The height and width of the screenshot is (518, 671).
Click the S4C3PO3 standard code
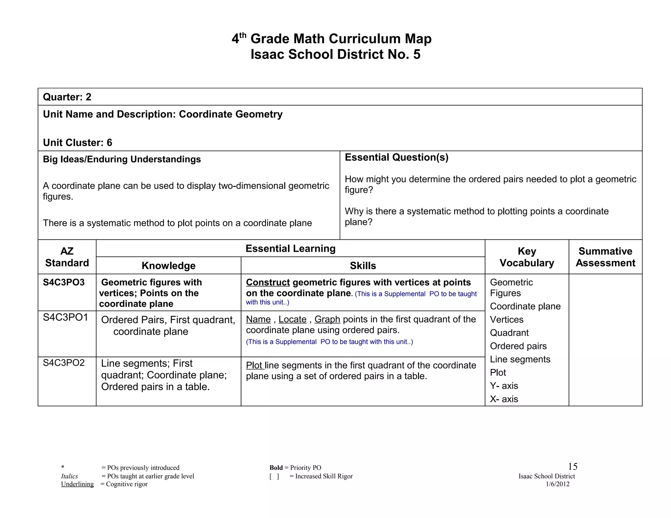64,282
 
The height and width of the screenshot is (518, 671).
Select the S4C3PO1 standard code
65,317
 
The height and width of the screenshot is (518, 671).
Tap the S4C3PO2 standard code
64,363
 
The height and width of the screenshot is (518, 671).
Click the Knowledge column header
168,266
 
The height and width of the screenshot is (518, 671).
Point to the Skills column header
363,266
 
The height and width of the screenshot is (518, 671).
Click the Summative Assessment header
605,257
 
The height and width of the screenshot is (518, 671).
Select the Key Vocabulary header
527,257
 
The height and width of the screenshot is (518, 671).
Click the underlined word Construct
268,282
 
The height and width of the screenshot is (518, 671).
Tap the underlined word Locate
292,319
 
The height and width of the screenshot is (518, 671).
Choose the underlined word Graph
327,319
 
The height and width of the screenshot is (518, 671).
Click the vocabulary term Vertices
507,320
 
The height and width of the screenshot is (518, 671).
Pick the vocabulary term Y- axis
504,386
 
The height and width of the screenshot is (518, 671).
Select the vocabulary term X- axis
504,399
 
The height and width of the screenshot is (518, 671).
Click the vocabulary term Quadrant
509,333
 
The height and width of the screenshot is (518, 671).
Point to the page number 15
572,467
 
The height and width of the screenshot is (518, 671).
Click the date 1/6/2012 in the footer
557,484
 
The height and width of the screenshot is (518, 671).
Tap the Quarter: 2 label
67,97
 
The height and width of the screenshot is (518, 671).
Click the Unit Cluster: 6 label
77,143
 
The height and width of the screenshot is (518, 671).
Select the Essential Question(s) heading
396,157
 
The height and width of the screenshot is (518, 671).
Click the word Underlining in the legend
77,484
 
